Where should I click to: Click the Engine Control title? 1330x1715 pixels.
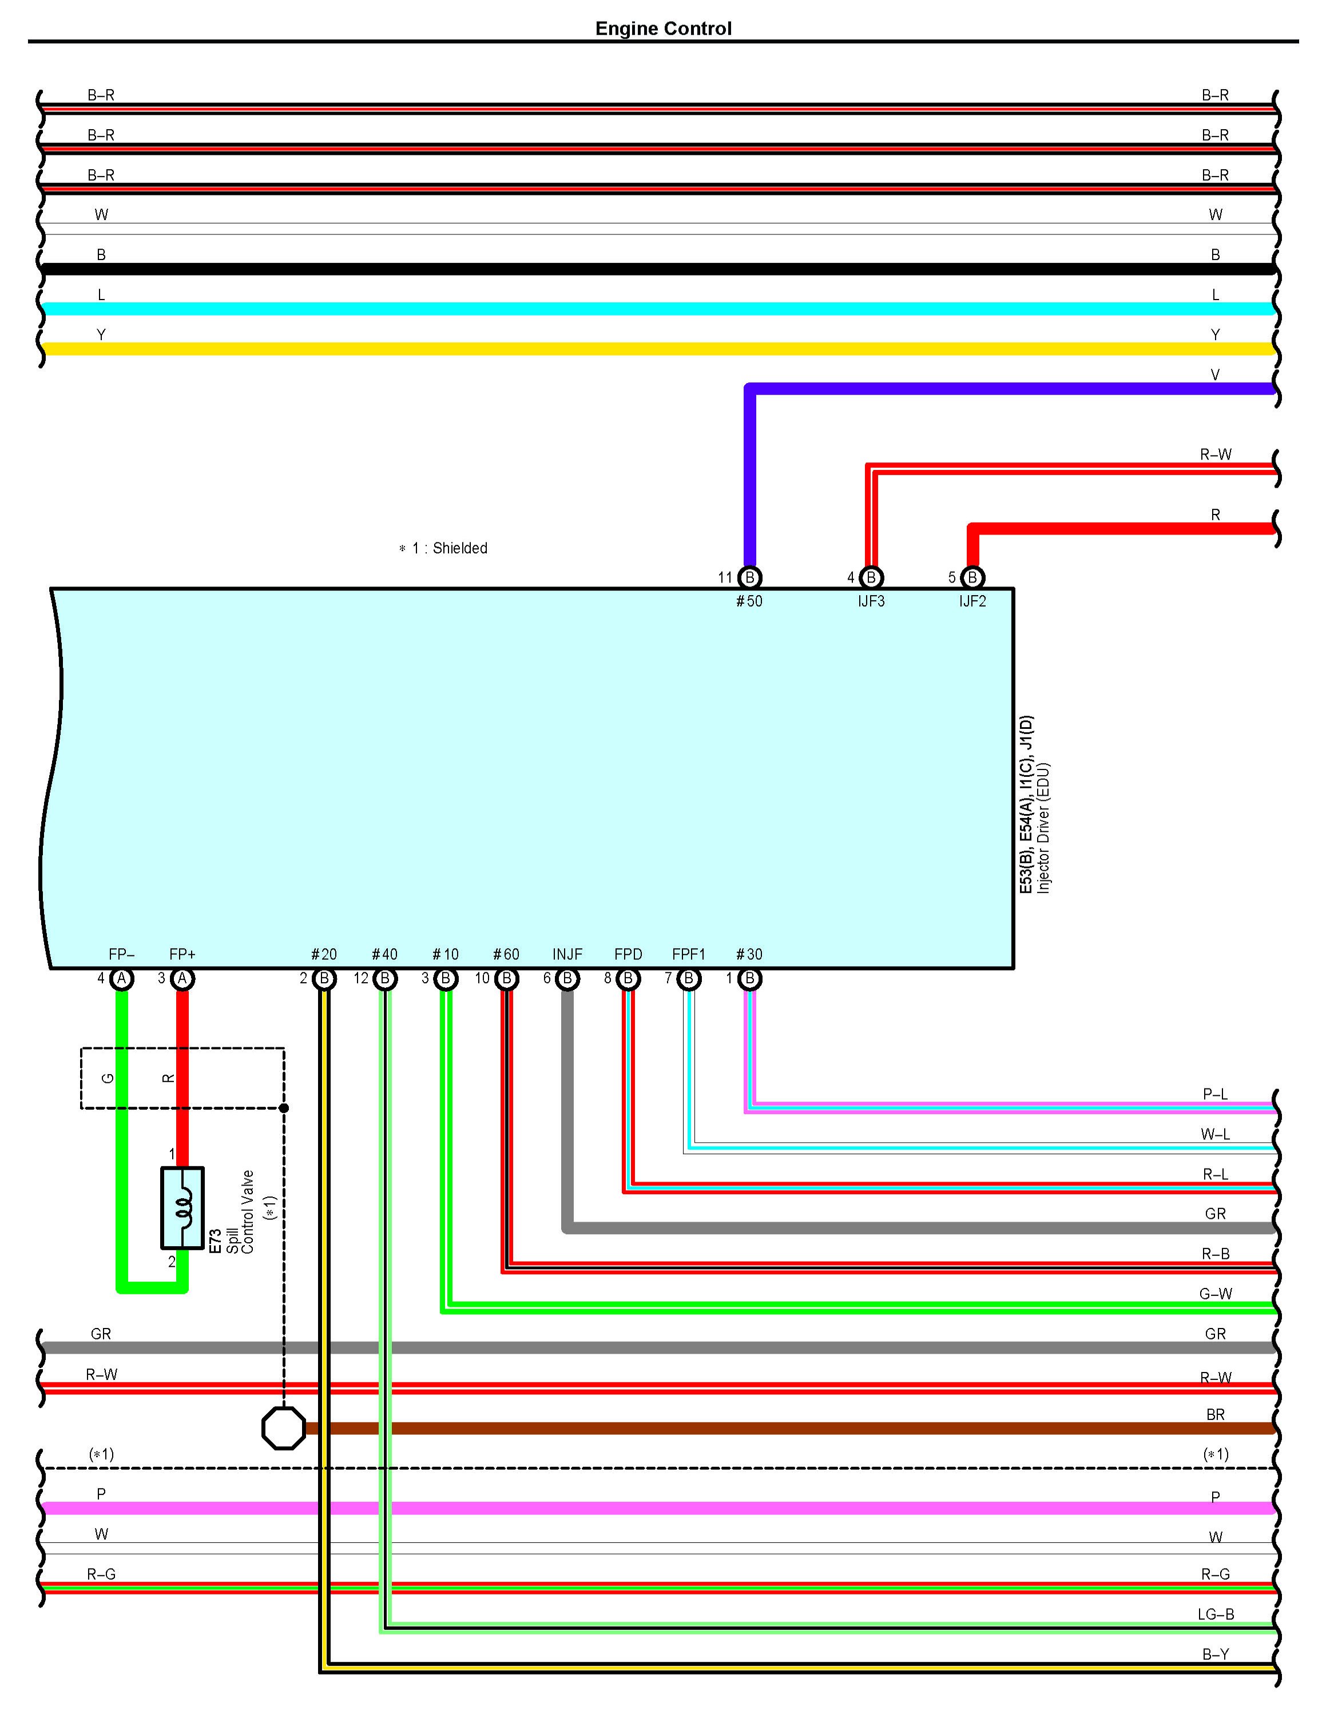[x=663, y=29]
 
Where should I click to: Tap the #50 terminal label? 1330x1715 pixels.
[x=749, y=601]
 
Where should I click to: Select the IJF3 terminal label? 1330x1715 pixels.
[x=871, y=601]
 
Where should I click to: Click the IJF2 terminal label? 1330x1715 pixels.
[x=972, y=601]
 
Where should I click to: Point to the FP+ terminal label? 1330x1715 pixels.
[x=182, y=954]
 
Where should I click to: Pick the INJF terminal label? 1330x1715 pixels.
[x=567, y=954]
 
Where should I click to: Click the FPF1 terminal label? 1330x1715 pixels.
[x=689, y=954]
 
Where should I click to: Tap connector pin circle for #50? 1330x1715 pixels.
[x=749, y=578]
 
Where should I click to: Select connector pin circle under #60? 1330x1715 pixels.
[x=507, y=979]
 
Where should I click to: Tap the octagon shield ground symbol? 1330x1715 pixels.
[x=284, y=1429]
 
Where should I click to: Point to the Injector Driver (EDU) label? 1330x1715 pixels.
[x=1043, y=828]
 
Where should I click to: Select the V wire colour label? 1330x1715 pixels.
[x=1214, y=374]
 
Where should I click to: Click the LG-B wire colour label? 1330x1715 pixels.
[x=1215, y=1614]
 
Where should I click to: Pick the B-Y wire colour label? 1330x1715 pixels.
[x=1215, y=1654]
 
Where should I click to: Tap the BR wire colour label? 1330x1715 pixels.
[x=1215, y=1414]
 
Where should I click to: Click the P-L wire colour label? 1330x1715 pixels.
[x=1215, y=1094]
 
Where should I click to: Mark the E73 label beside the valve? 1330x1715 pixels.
[x=215, y=1241]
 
